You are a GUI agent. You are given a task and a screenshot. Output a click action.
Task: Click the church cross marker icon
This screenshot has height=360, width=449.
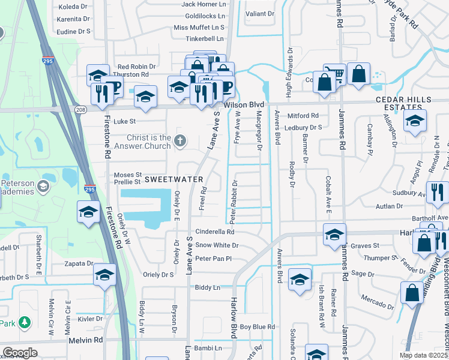(179, 142)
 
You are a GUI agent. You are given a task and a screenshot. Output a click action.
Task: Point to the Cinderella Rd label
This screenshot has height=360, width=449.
(214, 232)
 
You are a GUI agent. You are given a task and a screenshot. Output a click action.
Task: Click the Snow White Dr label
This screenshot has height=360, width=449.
(217, 245)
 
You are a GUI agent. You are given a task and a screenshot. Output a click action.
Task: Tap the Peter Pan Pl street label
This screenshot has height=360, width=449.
(213, 259)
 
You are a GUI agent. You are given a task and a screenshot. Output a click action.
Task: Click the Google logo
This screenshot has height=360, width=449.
(20, 353)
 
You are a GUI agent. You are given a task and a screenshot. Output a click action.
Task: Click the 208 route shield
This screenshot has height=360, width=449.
(80, 109)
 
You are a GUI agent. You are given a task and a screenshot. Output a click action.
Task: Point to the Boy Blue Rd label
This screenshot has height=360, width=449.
(257, 327)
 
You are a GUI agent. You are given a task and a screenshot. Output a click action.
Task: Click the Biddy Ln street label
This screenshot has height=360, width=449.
(207, 288)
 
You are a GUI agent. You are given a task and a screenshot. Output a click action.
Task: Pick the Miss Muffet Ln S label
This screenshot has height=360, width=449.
(199, 28)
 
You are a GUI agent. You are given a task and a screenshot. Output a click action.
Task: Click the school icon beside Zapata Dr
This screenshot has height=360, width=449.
(104, 275)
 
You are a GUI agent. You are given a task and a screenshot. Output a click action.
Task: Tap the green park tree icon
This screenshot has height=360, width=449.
(25, 323)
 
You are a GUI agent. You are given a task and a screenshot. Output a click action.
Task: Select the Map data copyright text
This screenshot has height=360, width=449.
(424, 355)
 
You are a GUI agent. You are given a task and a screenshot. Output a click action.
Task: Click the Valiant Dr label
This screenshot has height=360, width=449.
(260, 13)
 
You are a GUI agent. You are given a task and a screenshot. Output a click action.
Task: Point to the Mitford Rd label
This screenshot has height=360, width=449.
(303, 116)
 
